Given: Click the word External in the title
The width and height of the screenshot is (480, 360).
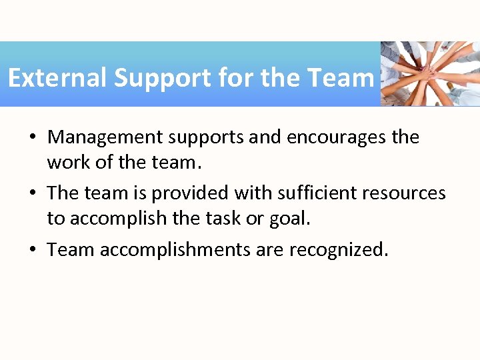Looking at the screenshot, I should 58,78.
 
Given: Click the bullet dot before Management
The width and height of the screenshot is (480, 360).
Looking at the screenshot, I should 32,138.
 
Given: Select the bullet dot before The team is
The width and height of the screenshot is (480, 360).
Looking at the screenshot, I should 32,194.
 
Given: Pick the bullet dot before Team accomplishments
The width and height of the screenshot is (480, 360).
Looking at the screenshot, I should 32,250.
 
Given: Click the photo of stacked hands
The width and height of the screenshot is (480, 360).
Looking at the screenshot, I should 430,73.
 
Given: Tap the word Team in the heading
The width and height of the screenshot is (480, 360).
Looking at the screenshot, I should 341,78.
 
